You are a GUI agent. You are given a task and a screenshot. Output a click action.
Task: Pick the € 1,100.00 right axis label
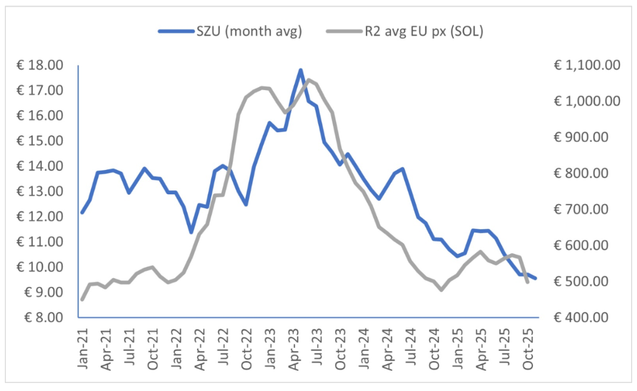tap(585, 65)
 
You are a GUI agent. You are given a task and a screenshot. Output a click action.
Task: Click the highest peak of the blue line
tap(301, 70)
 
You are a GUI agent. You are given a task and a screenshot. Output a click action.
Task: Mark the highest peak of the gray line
tap(308, 80)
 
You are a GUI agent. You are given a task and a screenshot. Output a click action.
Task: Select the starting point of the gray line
tap(82, 299)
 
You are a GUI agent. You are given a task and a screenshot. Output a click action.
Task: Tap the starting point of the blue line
tap(82, 212)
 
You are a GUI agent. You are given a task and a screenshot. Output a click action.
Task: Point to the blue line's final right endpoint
tap(535, 278)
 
